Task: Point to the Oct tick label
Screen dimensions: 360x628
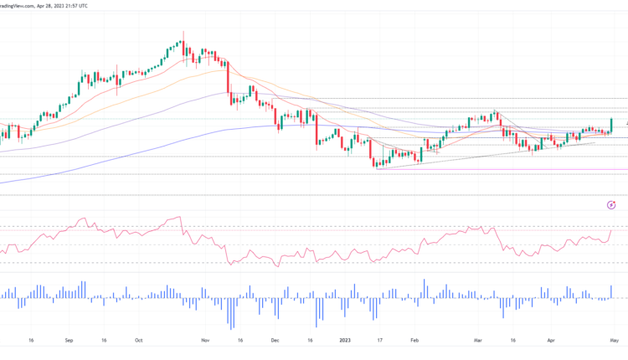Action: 138,341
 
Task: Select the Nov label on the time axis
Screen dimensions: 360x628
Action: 206,341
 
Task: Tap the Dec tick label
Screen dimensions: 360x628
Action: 275,341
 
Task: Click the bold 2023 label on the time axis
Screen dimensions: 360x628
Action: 344,341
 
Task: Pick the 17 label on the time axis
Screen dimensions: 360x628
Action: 378,341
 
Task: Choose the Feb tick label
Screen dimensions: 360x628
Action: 414,341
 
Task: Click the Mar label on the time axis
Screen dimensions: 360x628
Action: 479,341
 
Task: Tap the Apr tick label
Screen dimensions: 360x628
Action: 550,341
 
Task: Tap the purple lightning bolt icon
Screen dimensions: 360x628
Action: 611,205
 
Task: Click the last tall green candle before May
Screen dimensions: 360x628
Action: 612,125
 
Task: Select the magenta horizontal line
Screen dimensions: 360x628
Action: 502,169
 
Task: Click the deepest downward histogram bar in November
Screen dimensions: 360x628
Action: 230,313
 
